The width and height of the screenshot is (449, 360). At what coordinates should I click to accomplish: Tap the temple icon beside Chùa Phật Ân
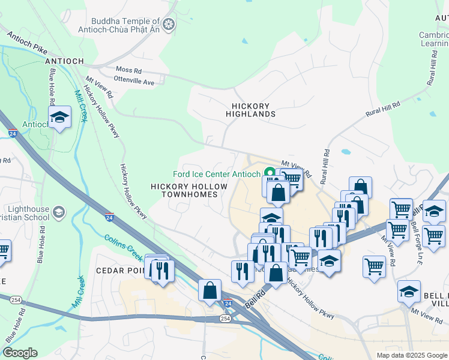click(x=169, y=24)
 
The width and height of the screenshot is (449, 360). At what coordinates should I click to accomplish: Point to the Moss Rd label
click(x=128, y=70)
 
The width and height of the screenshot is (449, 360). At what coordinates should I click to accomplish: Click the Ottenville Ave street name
click(x=134, y=82)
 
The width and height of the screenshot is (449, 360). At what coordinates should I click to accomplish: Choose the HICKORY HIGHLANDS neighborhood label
click(x=251, y=110)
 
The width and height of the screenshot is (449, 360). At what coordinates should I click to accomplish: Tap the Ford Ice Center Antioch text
click(x=216, y=174)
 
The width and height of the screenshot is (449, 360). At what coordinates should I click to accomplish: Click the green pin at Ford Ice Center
click(x=270, y=173)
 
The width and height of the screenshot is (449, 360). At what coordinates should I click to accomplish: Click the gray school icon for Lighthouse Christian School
click(x=59, y=212)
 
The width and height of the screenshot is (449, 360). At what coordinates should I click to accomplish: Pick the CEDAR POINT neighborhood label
click(x=119, y=271)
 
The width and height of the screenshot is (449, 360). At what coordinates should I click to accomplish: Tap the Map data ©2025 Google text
click(x=411, y=355)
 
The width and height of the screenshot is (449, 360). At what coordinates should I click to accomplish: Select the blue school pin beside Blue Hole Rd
click(x=59, y=118)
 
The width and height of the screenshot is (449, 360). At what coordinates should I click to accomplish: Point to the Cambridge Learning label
click(x=433, y=40)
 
